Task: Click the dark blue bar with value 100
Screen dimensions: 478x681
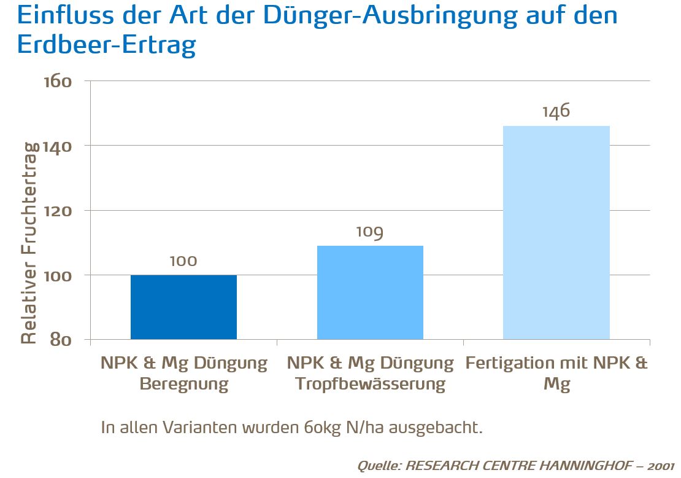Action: [x=183, y=307]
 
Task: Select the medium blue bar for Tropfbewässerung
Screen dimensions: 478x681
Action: [x=370, y=292]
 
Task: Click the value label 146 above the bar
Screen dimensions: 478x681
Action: [x=556, y=111]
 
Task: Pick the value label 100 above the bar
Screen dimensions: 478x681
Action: [x=183, y=261]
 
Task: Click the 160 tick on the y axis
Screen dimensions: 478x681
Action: [x=58, y=82]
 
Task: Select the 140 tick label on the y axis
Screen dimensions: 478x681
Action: [x=58, y=146]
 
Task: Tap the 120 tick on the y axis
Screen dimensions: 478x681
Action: [x=58, y=211]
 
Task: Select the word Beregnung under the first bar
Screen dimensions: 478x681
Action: [x=183, y=385]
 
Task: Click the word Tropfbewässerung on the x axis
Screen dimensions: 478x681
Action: [x=370, y=385]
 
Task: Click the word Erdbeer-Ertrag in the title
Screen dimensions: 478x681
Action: [x=107, y=45]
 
